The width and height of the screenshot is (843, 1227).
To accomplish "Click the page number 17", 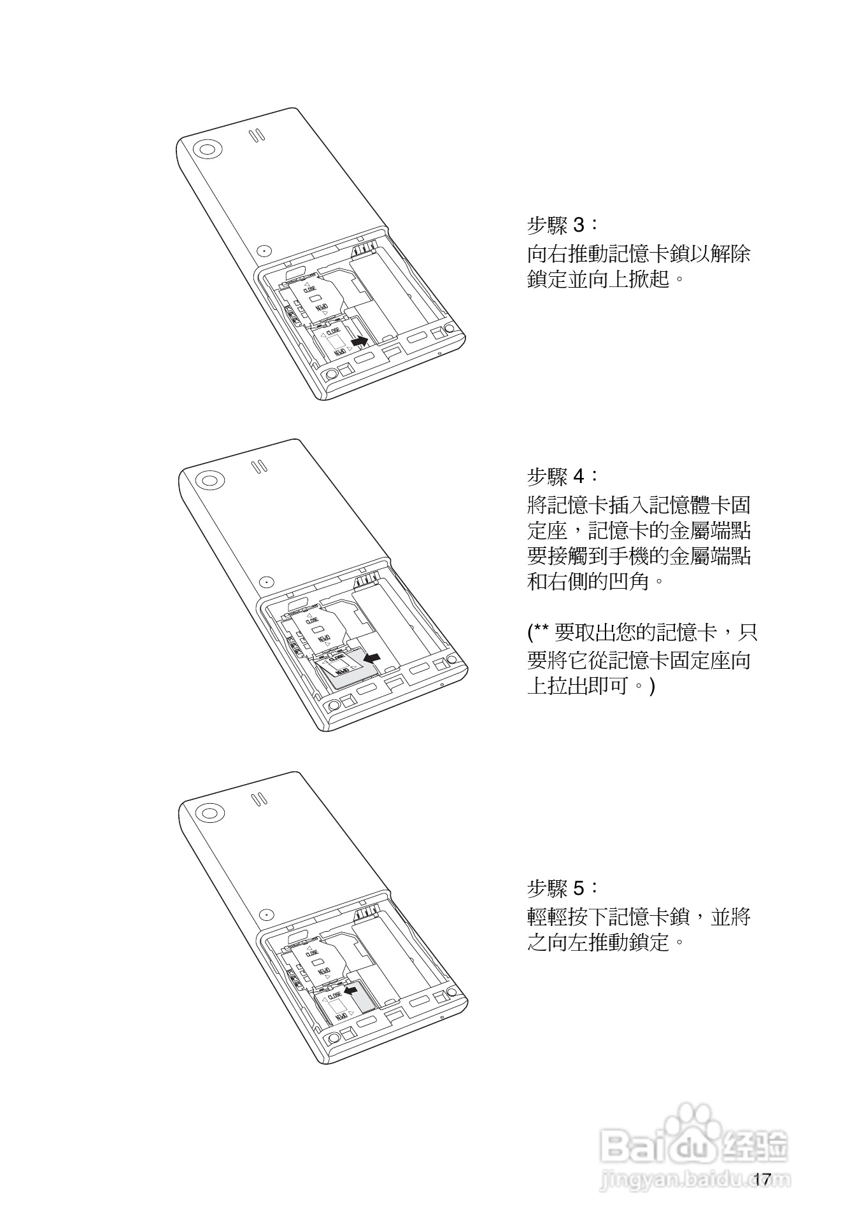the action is pyautogui.click(x=762, y=1179).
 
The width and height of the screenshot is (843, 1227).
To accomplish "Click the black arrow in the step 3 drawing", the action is pyautogui.click(x=360, y=342).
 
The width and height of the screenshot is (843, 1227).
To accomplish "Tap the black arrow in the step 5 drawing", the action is pyautogui.click(x=351, y=990).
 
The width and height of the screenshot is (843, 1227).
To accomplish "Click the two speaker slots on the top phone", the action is pyautogui.click(x=256, y=136).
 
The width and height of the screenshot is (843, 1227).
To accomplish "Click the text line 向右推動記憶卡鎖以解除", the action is pyautogui.click(x=639, y=254).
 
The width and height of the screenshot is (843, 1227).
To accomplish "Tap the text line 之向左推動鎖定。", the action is pyautogui.click(x=608, y=942).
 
